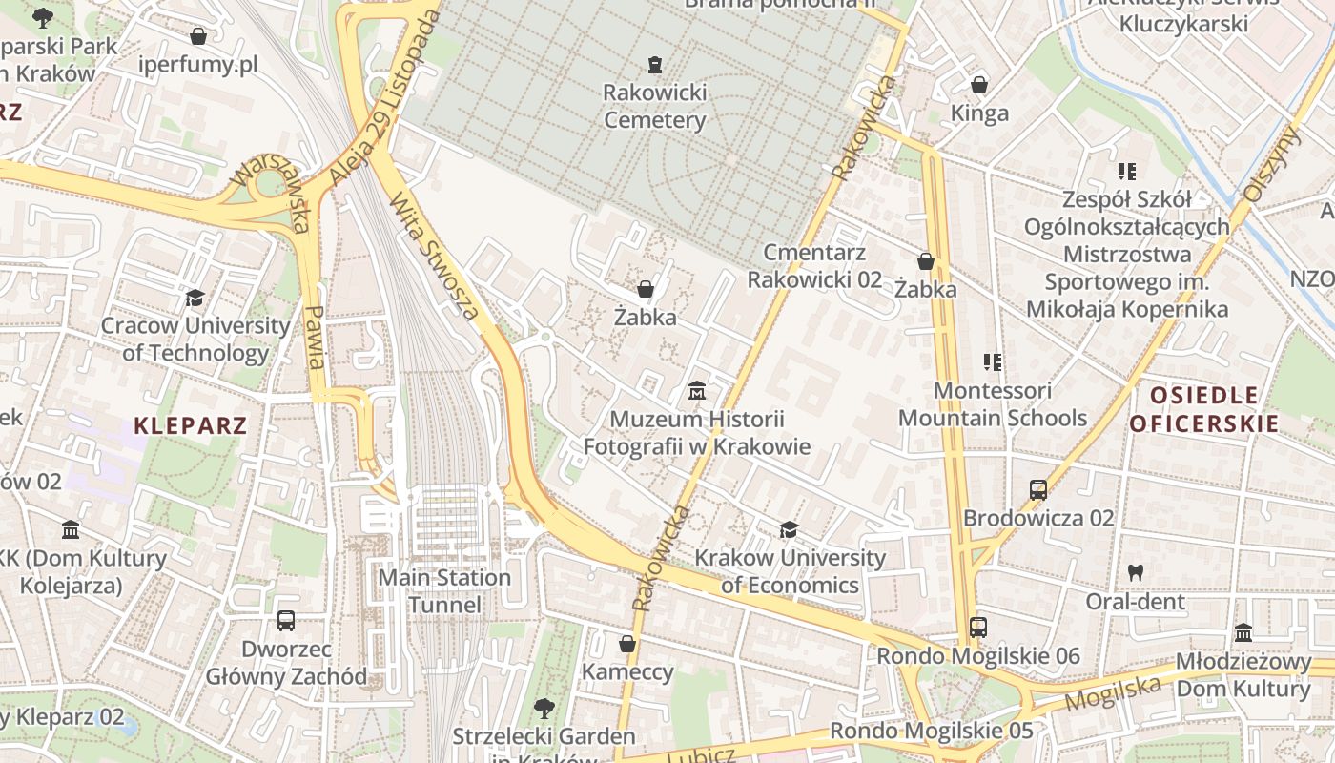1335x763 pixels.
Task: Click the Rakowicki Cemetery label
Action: point(654,107)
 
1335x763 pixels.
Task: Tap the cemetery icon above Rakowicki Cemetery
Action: point(654,65)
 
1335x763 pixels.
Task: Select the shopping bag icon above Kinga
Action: point(978,85)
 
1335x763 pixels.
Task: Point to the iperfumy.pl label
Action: point(198,65)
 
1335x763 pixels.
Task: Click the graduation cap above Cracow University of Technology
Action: point(195,299)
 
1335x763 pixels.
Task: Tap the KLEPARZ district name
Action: point(191,425)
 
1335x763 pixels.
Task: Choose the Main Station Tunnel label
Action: point(444,591)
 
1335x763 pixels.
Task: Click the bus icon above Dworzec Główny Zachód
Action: point(285,621)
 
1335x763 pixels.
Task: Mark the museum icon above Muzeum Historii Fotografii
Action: point(697,391)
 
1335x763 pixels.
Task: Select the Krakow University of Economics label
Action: point(791,571)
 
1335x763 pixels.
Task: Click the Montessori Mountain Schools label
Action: point(992,404)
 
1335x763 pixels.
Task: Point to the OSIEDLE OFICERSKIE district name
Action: point(1203,410)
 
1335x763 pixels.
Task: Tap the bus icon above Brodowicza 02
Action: point(1038,490)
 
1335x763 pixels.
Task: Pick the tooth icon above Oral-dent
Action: point(1135,573)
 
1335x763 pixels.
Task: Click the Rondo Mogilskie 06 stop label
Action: point(978,656)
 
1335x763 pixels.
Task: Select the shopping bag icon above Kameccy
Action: point(627,644)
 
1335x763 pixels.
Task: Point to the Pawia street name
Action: point(315,337)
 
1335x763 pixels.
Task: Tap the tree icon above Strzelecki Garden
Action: point(544,709)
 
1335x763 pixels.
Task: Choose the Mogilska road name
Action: point(1113,692)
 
